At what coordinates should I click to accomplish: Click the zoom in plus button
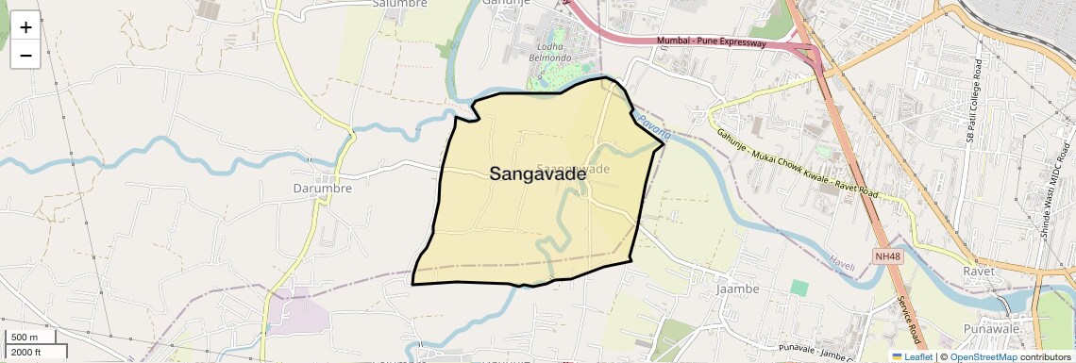click(x=25, y=26)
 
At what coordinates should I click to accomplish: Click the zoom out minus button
click(x=25, y=55)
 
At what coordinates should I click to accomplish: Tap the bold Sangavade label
click(x=537, y=173)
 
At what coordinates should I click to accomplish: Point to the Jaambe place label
click(x=738, y=287)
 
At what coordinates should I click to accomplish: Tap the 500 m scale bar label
click(x=25, y=338)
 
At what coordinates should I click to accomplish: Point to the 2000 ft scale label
click(x=25, y=352)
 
